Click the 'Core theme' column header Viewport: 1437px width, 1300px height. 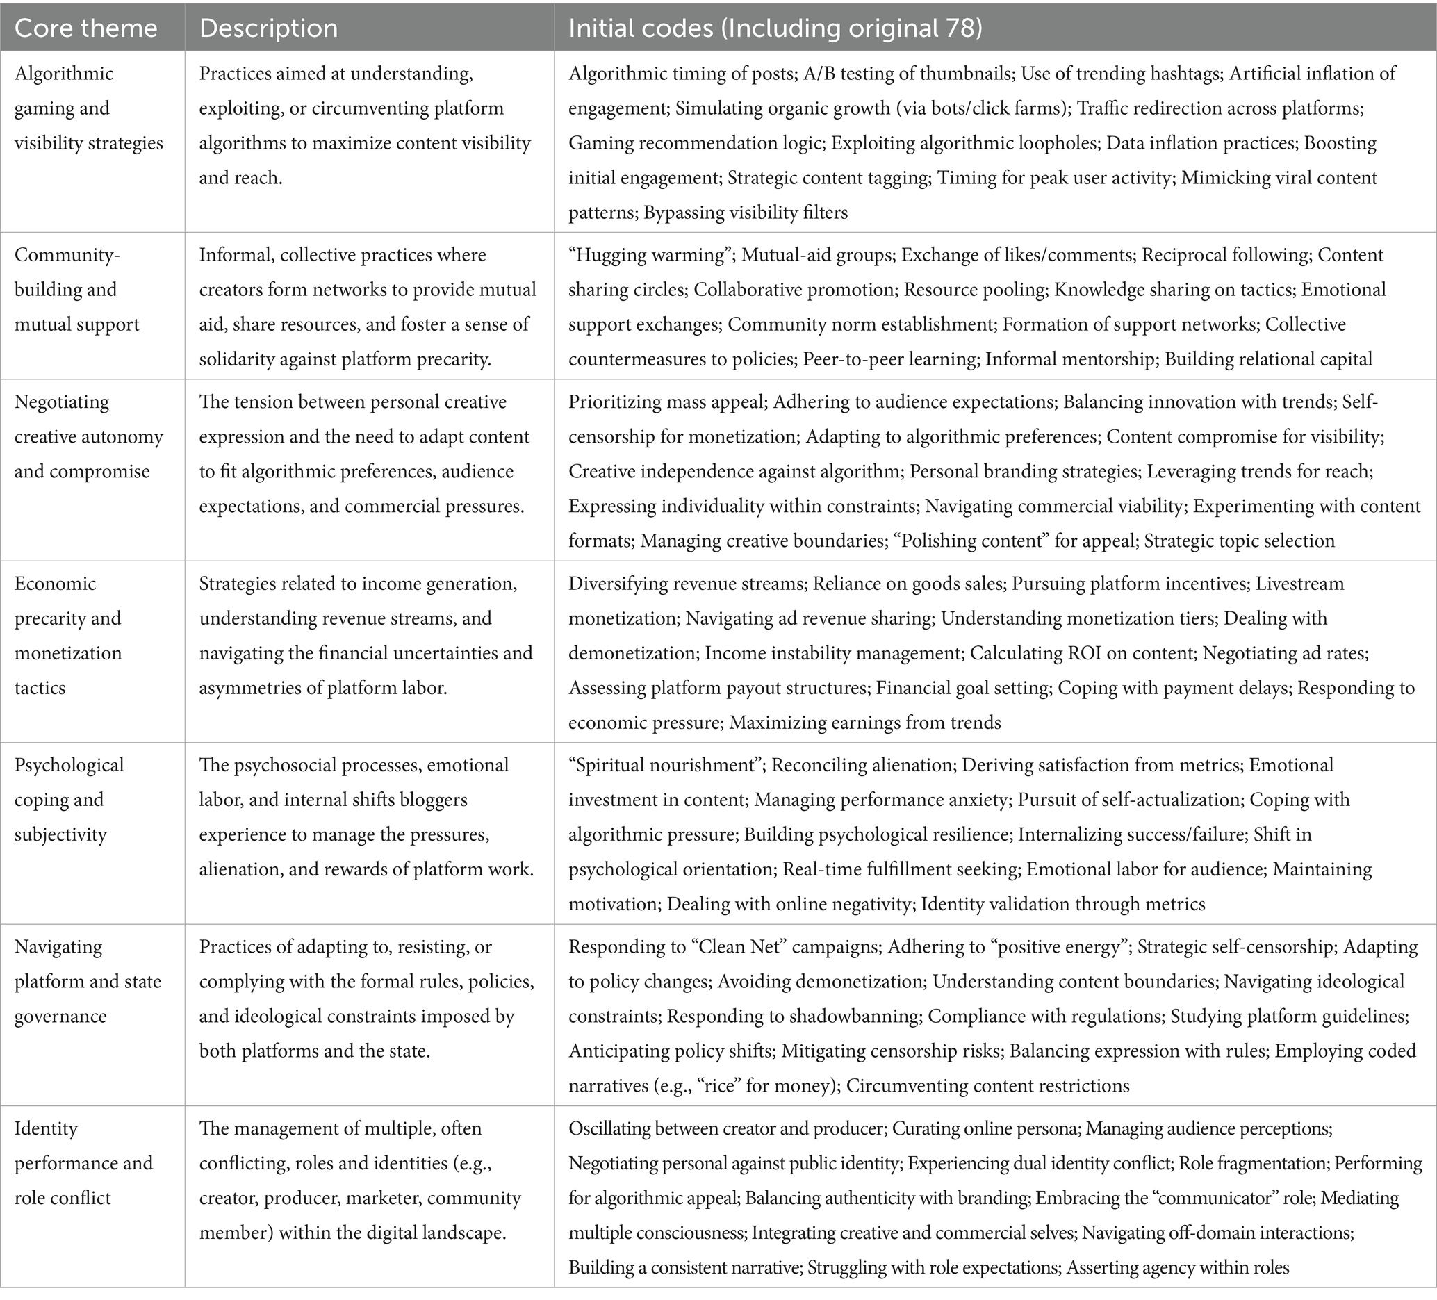click(85, 28)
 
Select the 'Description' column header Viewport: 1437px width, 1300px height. click(268, 28)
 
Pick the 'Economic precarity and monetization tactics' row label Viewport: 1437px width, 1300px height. click(68, 636)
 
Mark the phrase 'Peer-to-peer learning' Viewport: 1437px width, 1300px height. click(889, 359)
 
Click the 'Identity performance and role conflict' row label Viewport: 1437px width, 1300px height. click(83, 1163)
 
